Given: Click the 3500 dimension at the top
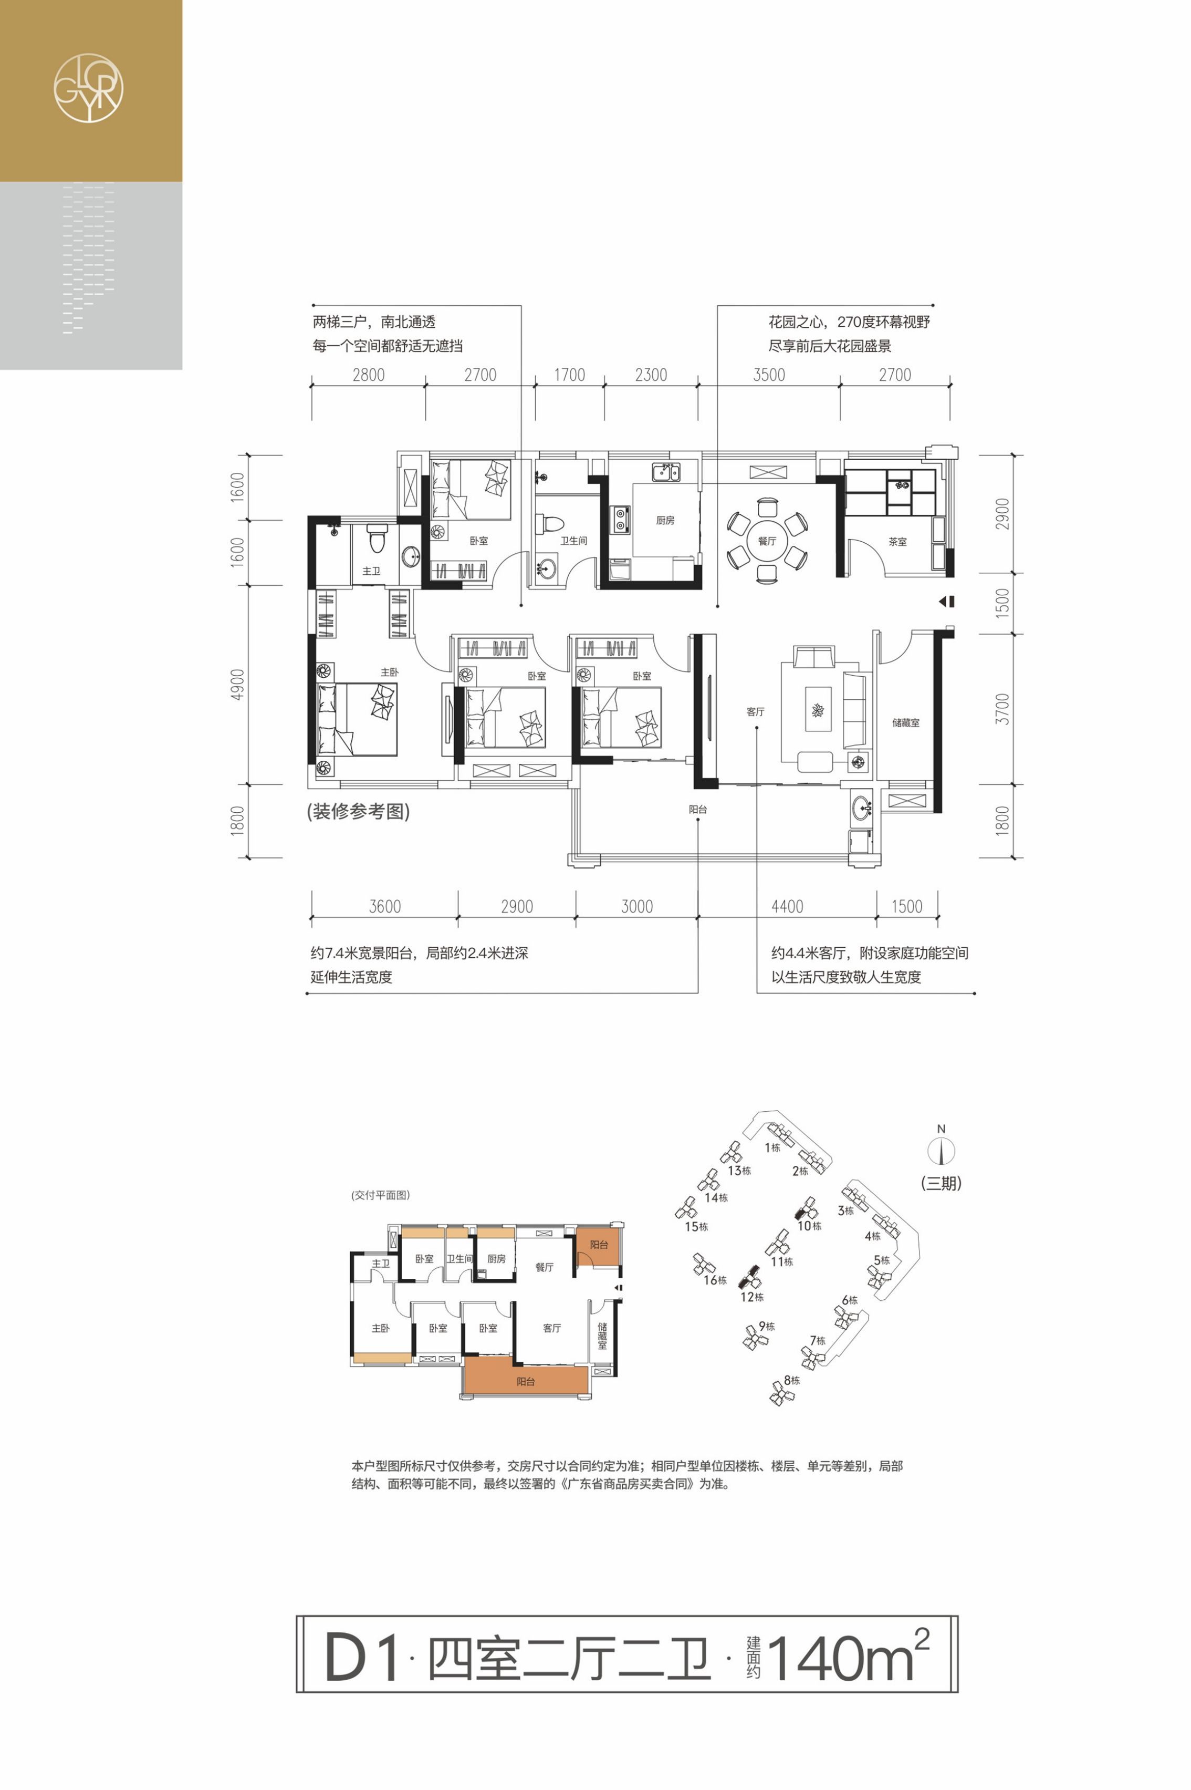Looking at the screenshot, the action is [769, 375].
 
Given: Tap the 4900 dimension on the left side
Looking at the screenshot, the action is [238, 685].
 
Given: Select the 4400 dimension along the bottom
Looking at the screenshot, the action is [787, 906].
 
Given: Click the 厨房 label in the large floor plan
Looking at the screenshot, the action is [665, 521].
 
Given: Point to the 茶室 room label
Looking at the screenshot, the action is [898, 542].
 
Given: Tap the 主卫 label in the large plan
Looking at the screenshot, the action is [371, 571].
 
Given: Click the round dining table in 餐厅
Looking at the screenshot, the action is [767, 540].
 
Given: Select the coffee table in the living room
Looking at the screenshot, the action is [818, 709].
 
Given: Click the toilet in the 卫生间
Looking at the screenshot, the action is [549, 524].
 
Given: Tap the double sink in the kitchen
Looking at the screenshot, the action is [665, 472].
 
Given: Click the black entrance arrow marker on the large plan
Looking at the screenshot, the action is [946, 601].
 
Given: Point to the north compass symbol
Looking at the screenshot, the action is [941, 1151].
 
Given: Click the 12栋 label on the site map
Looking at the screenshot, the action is [752, 1297].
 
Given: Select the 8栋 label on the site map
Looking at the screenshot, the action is [791, 1380].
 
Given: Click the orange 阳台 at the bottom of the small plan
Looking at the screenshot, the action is [526, 1381].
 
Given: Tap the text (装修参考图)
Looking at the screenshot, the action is [359, 811].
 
